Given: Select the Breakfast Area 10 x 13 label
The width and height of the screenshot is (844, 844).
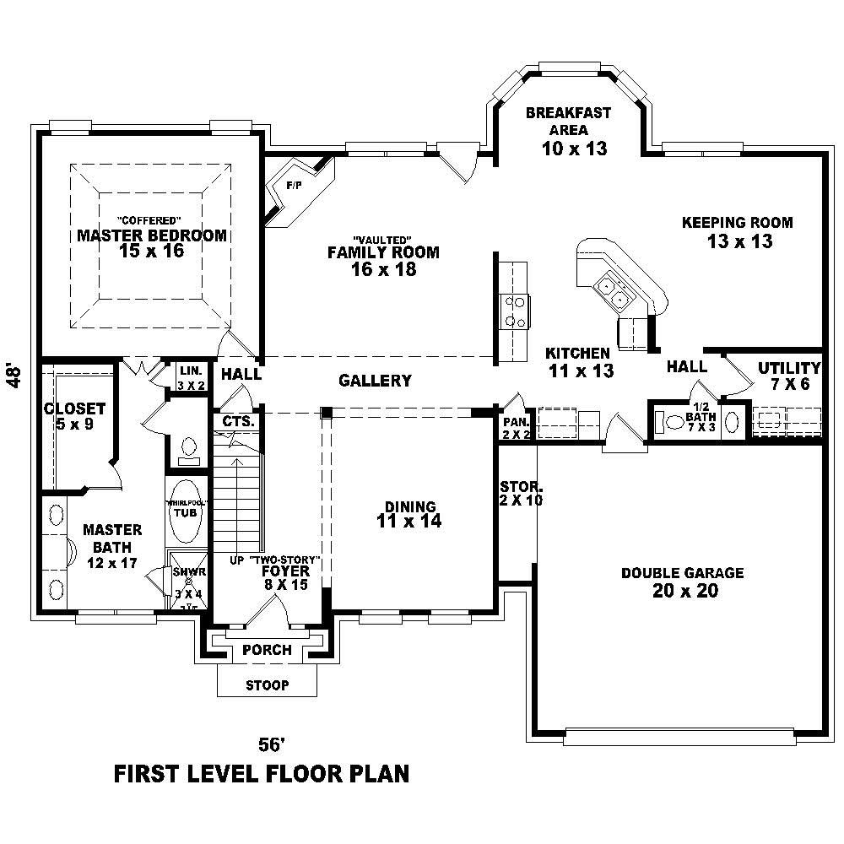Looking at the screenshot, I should [568, 130].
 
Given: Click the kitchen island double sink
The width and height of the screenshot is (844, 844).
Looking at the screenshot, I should [614, 292].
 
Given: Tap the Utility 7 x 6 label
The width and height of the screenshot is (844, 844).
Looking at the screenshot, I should [788, 376].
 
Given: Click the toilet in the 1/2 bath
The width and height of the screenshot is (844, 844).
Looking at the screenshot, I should [674, 422].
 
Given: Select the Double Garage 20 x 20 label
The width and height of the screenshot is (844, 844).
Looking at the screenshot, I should [683, 582].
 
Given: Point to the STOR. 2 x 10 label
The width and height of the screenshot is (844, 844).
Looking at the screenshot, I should [521, 494].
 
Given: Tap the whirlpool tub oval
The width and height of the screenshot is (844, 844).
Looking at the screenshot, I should [186, 511].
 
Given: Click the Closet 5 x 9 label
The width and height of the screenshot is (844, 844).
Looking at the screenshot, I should [75, 416].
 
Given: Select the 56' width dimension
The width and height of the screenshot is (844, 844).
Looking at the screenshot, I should [269, 744].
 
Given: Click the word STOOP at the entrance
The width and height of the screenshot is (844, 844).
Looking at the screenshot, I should [268, 684].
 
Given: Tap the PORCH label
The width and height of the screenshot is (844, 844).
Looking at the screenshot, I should [267, 650].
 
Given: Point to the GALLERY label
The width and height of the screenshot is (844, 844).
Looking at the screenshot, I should [375, 381].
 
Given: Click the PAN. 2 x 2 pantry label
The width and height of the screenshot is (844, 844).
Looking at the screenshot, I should [515, 428].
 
